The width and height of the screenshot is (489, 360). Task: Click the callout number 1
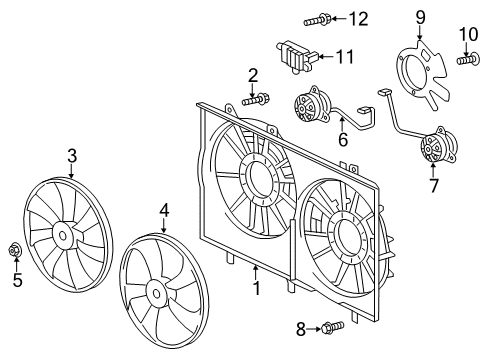(256, 289)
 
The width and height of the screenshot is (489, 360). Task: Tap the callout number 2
(254, 74)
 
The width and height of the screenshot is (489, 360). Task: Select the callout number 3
(72, 155)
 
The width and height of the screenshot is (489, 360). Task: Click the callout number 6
(342, 141)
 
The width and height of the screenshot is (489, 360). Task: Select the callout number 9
(421, 16)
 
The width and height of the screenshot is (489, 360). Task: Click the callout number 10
(468, 36)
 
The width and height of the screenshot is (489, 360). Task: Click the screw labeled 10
(467, 60)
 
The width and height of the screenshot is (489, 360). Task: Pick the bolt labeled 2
(257, 98)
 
